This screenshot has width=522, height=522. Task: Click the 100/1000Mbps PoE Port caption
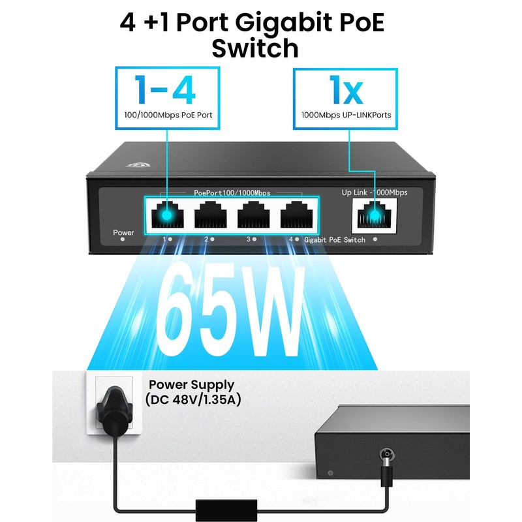(x=168, y=115)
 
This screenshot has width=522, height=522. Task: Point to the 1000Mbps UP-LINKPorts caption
(x=346, y=115)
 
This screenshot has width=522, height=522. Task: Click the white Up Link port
(x=374, y=215)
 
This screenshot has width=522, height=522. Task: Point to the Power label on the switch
(x=123, y=232)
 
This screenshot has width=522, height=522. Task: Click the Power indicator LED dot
(x=123, y=240)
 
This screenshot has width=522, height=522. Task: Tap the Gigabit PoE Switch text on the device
(x=335, y=240)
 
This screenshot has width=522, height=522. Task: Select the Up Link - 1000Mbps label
(x=375, y=192)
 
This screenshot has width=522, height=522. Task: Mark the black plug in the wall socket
(x=112, y=408)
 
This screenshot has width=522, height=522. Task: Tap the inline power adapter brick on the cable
(x=219, y=505)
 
